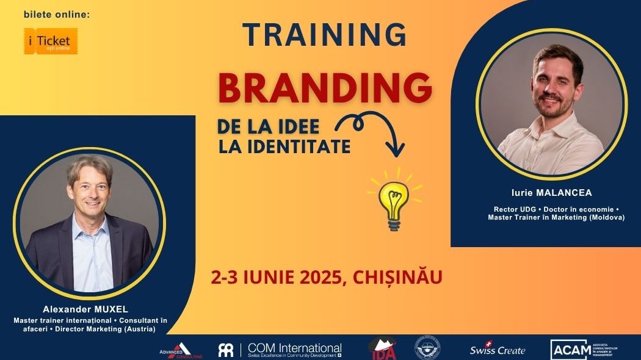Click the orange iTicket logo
click(x=51, y=41)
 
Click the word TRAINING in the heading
click(x=324, y=35)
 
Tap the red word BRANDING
click(x=325, y=88)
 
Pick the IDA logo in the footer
click(x=383, y=348)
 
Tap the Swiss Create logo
click(x=497, y=350)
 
